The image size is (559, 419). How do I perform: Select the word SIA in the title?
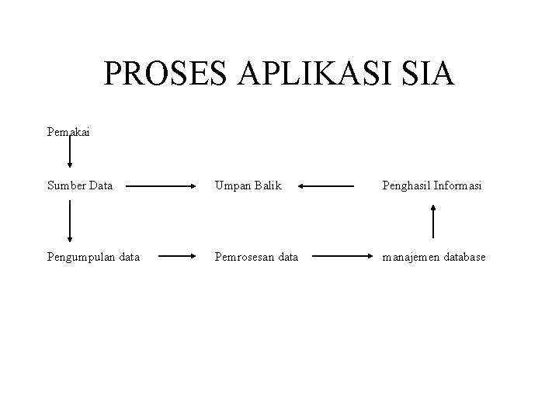425,74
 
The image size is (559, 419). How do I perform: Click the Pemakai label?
68,132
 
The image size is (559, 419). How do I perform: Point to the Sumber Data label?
79,186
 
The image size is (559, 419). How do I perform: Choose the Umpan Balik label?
248,186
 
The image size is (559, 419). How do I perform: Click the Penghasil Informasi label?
432,186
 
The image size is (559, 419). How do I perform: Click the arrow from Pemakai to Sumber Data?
71,152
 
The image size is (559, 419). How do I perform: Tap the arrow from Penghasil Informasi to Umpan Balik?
325,186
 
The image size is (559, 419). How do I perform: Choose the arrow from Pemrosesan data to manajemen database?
338,255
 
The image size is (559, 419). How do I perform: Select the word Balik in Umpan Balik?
269,186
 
